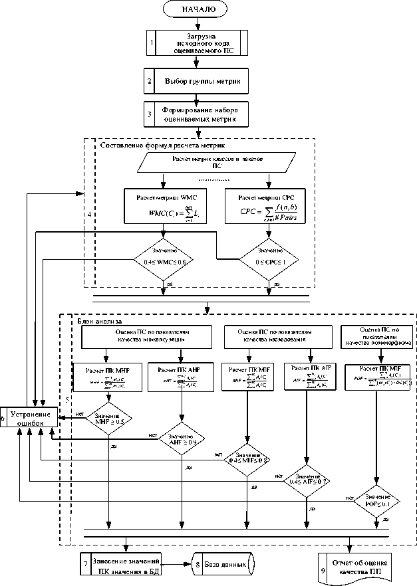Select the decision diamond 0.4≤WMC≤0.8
(163, 256)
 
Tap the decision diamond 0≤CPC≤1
(269, 256)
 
